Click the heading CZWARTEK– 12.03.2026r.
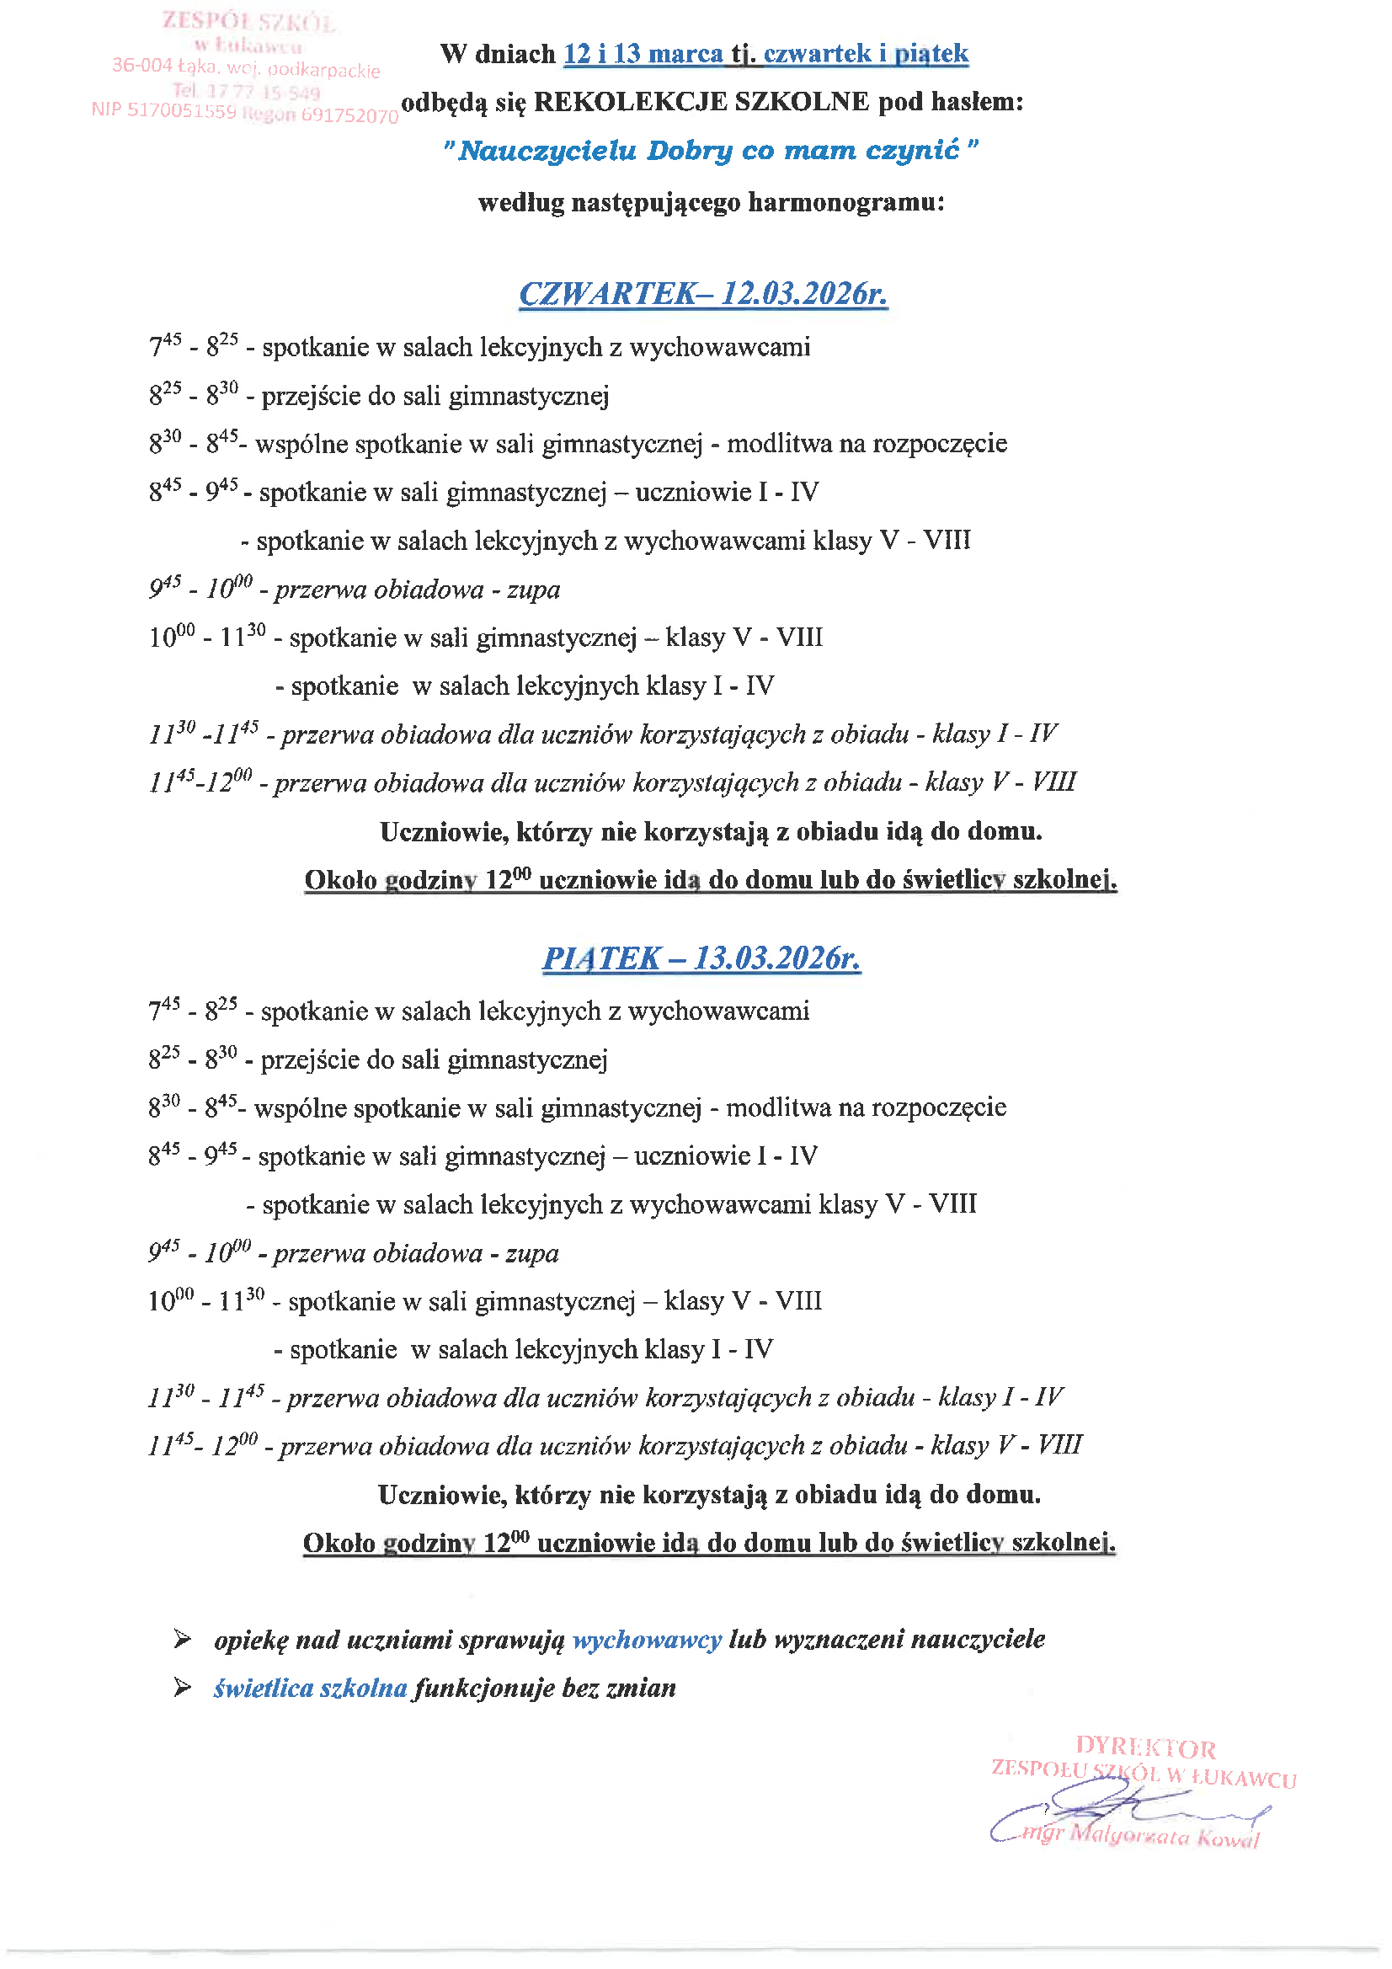coord(702,294)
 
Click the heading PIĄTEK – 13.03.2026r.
coord(701,958)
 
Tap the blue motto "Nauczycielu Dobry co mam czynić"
coord(709,151)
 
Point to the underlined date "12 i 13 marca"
coord(643,54)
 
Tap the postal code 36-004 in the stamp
coord(141,65)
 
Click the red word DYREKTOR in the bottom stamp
coord(1145,1747)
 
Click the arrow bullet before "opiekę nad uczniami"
coord(182,1640)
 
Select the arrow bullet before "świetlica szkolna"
coord(182,1689)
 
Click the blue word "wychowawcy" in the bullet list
coord(647,1640)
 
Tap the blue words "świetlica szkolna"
coord(310,1689)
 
